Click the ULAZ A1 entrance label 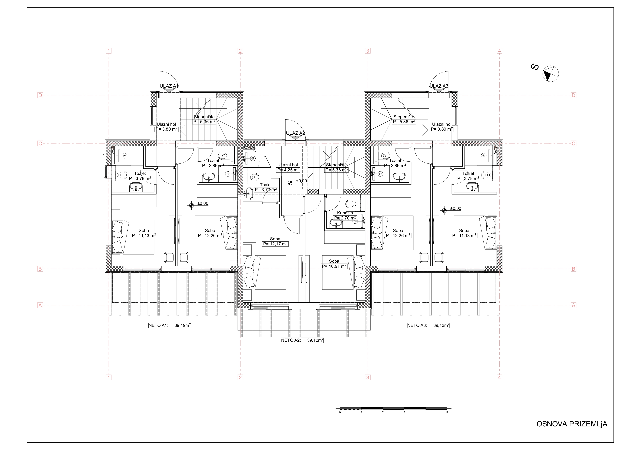coord(169,86)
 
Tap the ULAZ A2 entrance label coord(295,133)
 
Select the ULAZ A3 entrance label coord(439,86)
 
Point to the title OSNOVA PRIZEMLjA coord(572,424)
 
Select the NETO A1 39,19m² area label coord(169,326)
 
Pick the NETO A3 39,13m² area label coord(428,326)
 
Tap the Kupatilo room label coord(345,213)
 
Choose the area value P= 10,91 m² coord(334,266)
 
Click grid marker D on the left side coord(40,95)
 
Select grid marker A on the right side coord(574,305)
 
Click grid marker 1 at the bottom coord(109,377)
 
